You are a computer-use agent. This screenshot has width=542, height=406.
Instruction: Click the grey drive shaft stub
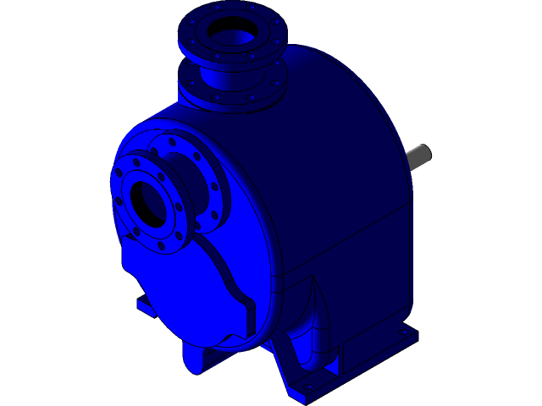419,155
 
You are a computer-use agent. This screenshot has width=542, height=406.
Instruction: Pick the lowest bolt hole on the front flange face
162,246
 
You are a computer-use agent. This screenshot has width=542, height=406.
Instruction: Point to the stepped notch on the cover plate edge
249,309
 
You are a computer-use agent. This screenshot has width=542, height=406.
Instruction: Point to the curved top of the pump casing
339,93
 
